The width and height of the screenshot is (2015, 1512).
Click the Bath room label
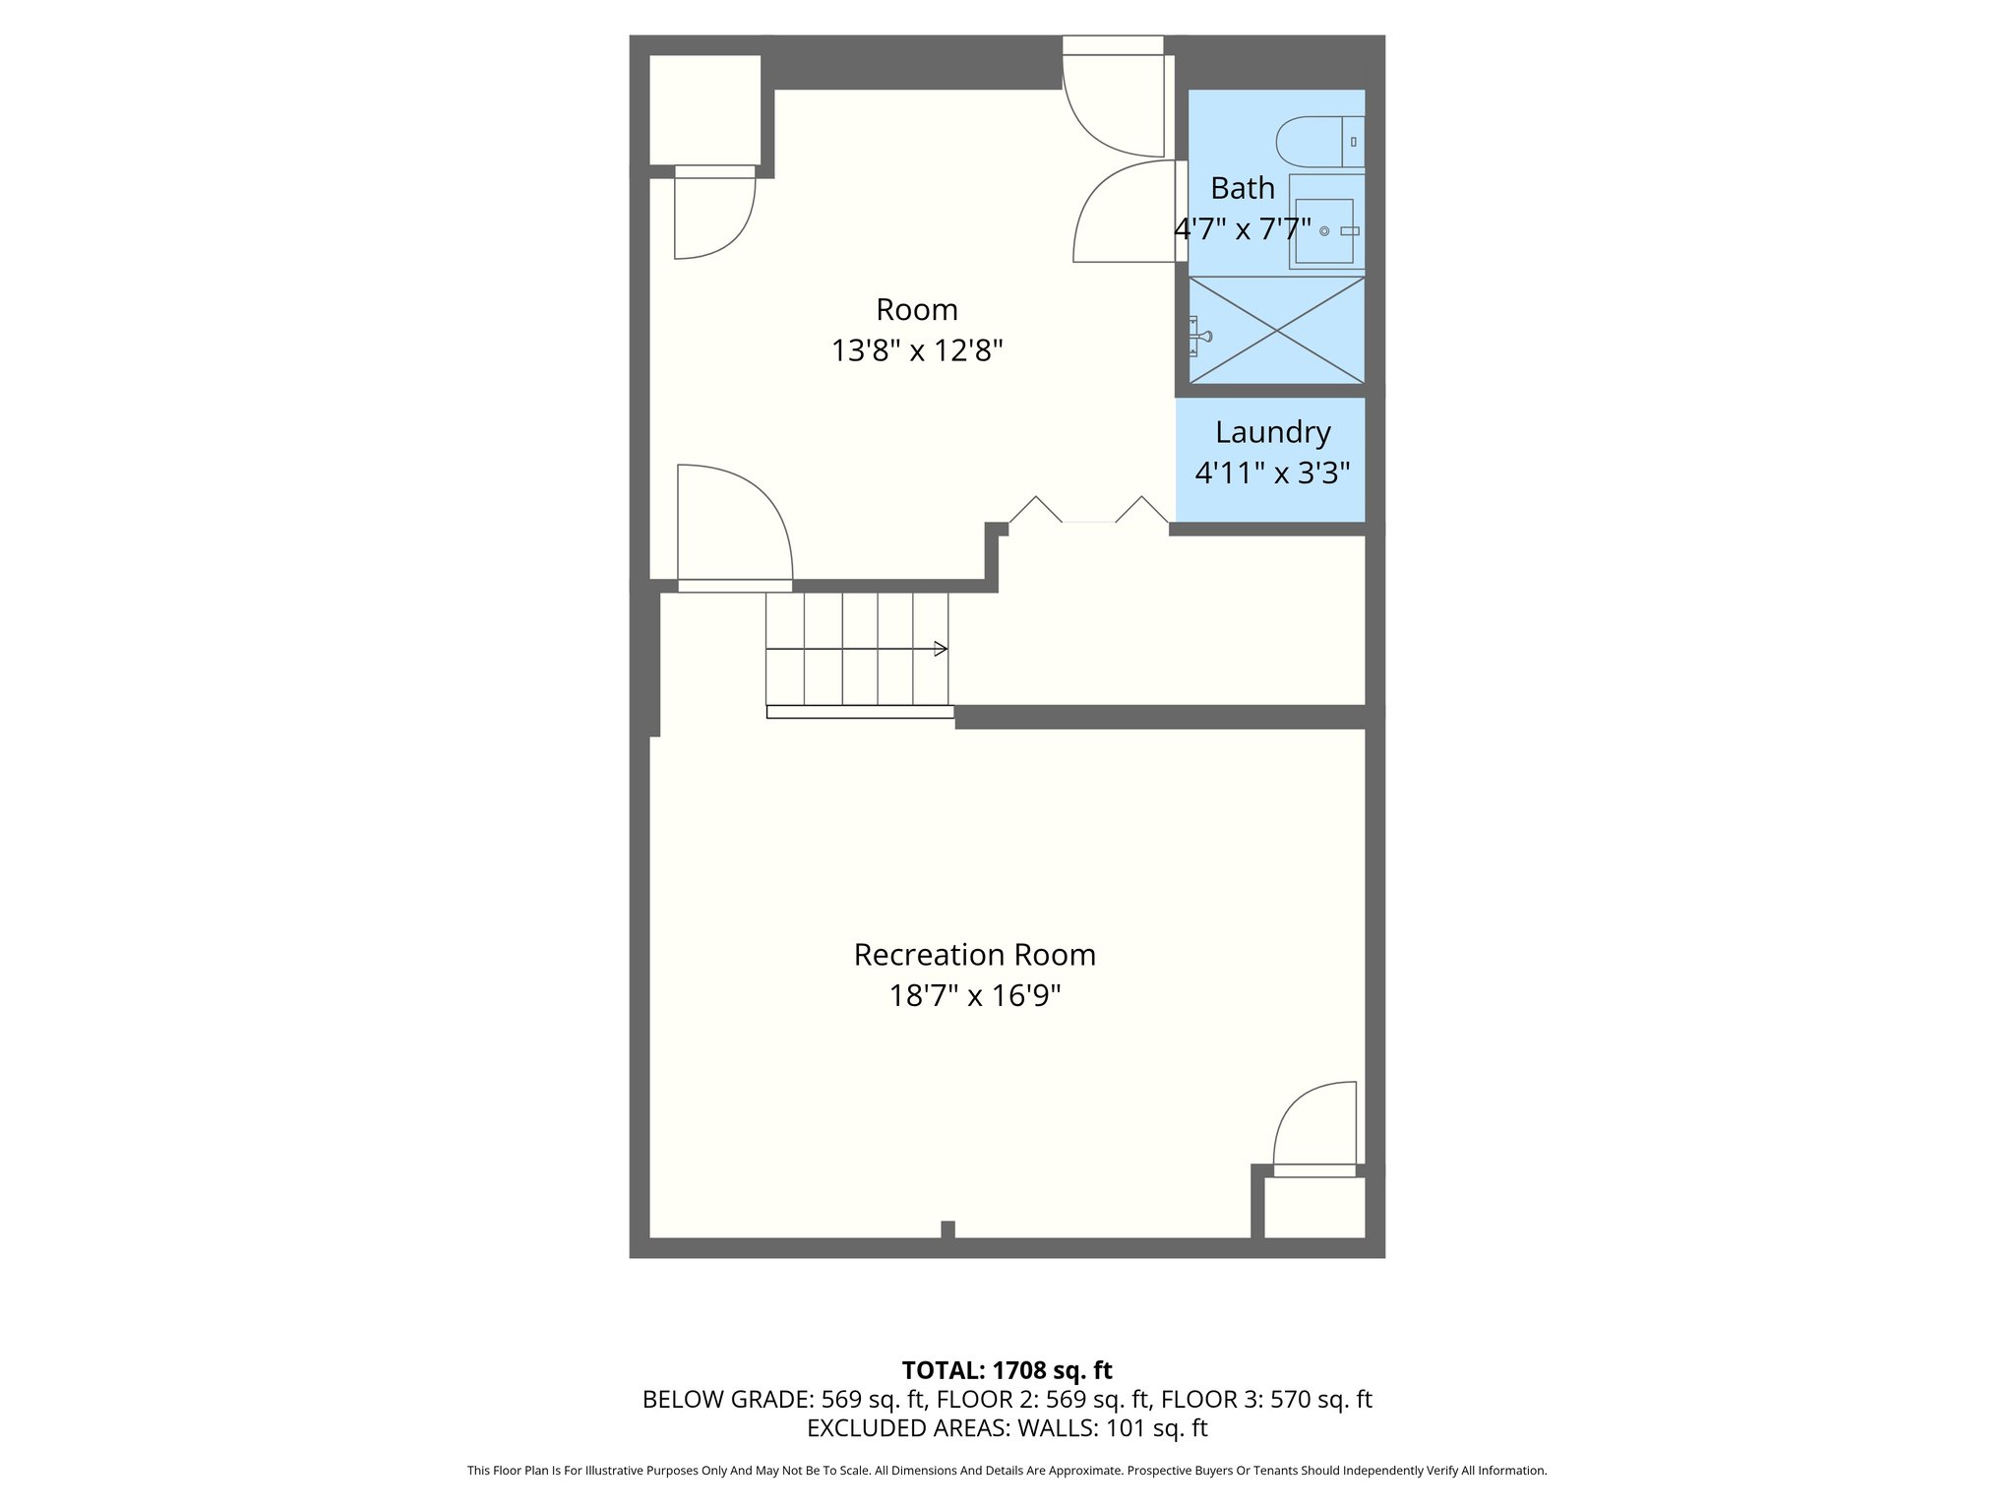(x=1242, y=188)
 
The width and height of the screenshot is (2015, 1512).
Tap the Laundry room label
(x=1272, y=432)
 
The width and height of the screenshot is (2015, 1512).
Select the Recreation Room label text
(x=974, y=955)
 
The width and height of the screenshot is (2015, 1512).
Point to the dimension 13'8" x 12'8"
(x=916, y=350)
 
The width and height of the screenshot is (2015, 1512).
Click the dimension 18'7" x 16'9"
(x=974, y=996)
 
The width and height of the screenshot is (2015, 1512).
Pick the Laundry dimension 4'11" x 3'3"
(x=1272, y=473)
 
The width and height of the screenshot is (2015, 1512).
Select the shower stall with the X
(x=1277, y=331)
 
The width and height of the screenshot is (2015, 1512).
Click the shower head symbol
(x=1199, y=336)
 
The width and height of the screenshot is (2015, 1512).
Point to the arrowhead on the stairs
(x=941, y=649)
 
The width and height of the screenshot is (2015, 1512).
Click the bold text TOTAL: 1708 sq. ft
(x=1007, y=1370)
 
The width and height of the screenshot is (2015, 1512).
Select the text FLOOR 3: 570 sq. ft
(x=1266, y=1399)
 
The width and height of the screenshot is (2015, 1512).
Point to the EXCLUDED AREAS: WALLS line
(x=1007, y=1427)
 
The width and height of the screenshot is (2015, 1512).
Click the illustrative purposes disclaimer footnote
(x=1007, y=1471)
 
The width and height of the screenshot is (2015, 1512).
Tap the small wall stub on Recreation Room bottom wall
(x=947, y=1229)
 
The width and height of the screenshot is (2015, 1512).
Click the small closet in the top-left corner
(x=704, y=110)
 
